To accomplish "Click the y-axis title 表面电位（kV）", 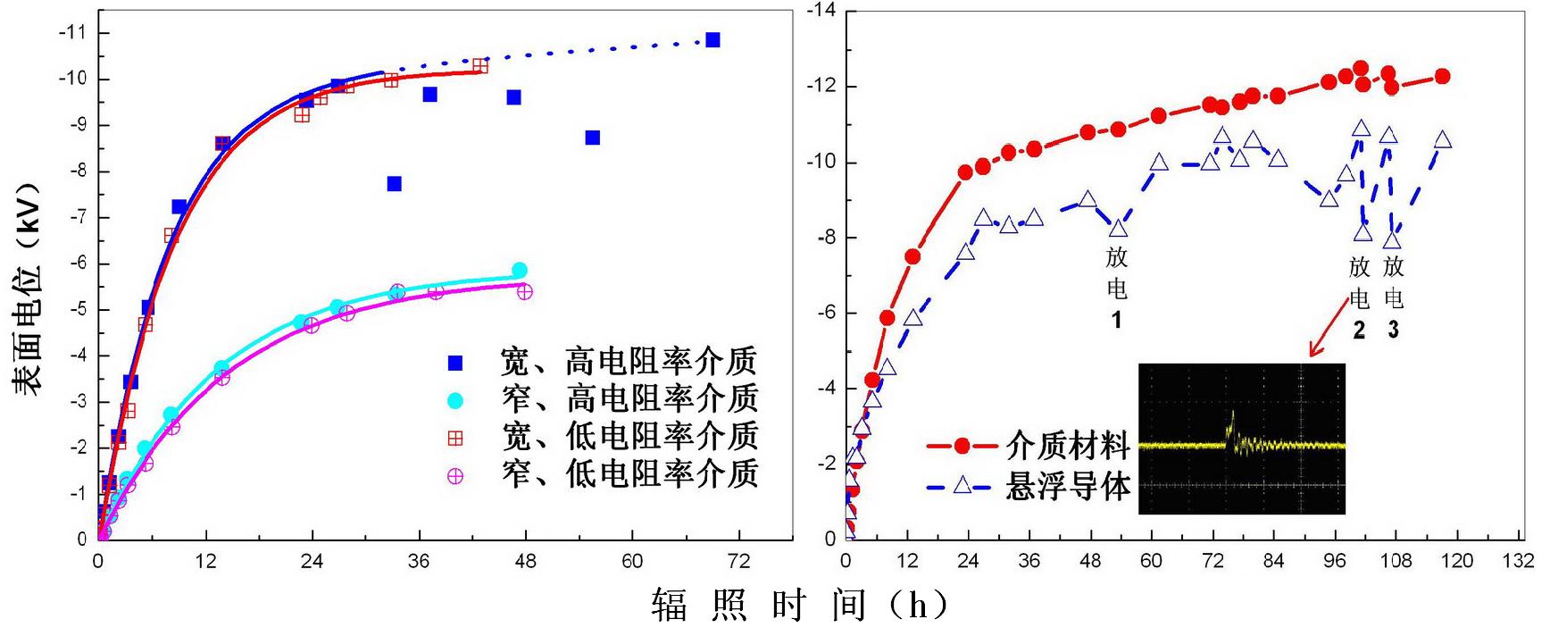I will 28,289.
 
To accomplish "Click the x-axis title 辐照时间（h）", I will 799,606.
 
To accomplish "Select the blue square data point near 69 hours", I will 712,40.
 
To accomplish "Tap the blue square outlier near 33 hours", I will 394,184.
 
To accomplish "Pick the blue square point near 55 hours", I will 592,138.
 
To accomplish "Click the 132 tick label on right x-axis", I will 1518,561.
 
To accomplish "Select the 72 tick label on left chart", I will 738,561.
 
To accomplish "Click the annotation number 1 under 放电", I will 1116,320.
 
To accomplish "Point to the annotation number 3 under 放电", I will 1393,331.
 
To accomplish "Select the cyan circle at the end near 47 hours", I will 520,271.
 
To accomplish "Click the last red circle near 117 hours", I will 1442,77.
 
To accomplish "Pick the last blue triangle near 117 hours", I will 1443,140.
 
